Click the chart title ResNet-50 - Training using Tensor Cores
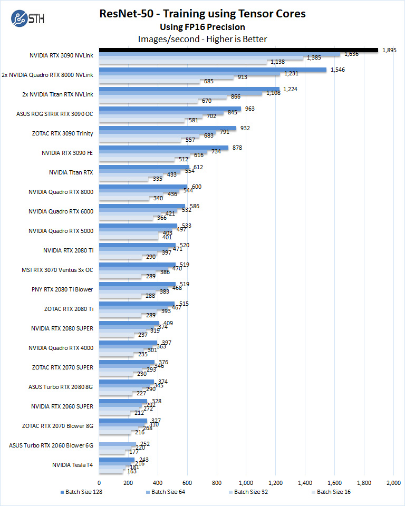point(202,14)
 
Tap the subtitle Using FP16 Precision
point(202,27)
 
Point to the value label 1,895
point(389,50)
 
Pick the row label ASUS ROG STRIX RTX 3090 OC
point(55,114)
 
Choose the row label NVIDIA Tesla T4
point(73,465)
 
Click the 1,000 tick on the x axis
point(246,482)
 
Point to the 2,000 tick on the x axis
point(393,482)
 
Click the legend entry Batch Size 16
point(334,492)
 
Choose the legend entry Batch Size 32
point(251,492)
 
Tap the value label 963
point(249,109)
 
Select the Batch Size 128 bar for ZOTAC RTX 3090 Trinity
point(168,128)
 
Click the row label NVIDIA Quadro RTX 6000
point(61,211)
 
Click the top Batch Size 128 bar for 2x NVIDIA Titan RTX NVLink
point(189,89)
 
